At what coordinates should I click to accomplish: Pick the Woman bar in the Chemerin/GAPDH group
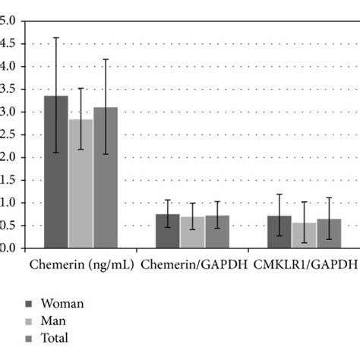[x=168, y=231]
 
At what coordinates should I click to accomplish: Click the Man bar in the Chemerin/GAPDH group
[x=193, y=232]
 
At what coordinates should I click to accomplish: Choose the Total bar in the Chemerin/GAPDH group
[x=217, y=232]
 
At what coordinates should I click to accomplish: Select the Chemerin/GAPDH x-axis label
[x=193, y=266]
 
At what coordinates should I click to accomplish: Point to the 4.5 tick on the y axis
[x=8, y=44]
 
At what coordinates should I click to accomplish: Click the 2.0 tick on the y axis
[x=8, y=157]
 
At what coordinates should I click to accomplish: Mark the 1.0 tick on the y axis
[x=8, y=203]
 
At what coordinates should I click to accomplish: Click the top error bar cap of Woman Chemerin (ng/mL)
[x=55, y=38]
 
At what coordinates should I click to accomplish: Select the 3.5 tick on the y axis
[x=8, y=90]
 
